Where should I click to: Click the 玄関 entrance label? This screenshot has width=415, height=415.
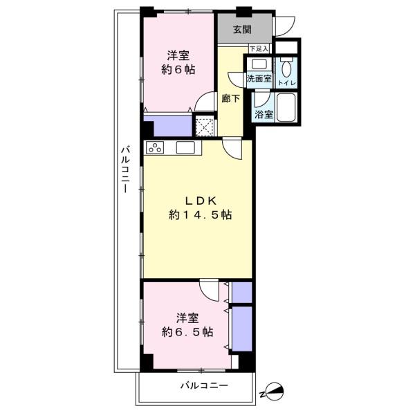242,30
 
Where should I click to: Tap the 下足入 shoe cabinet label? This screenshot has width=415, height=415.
259,49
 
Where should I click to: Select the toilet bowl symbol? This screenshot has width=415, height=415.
286,68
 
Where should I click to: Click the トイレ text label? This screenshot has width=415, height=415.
287,83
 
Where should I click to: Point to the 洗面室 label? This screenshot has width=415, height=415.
259,78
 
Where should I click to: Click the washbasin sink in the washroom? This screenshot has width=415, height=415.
259,64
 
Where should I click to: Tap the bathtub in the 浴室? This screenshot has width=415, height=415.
286,107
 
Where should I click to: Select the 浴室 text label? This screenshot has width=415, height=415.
264,115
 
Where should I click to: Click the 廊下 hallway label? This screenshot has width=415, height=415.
231,99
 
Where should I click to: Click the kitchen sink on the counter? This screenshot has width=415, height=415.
185,147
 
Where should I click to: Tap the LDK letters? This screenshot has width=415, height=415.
201,201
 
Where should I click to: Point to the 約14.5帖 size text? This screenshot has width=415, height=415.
201,214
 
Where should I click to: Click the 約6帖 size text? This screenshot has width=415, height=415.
178,70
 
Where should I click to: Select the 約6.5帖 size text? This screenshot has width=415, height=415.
187,332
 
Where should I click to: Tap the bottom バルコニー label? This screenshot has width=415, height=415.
204,385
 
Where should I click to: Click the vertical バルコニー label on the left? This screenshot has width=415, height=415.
125,169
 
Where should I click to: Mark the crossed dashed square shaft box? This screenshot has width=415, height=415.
204,127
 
